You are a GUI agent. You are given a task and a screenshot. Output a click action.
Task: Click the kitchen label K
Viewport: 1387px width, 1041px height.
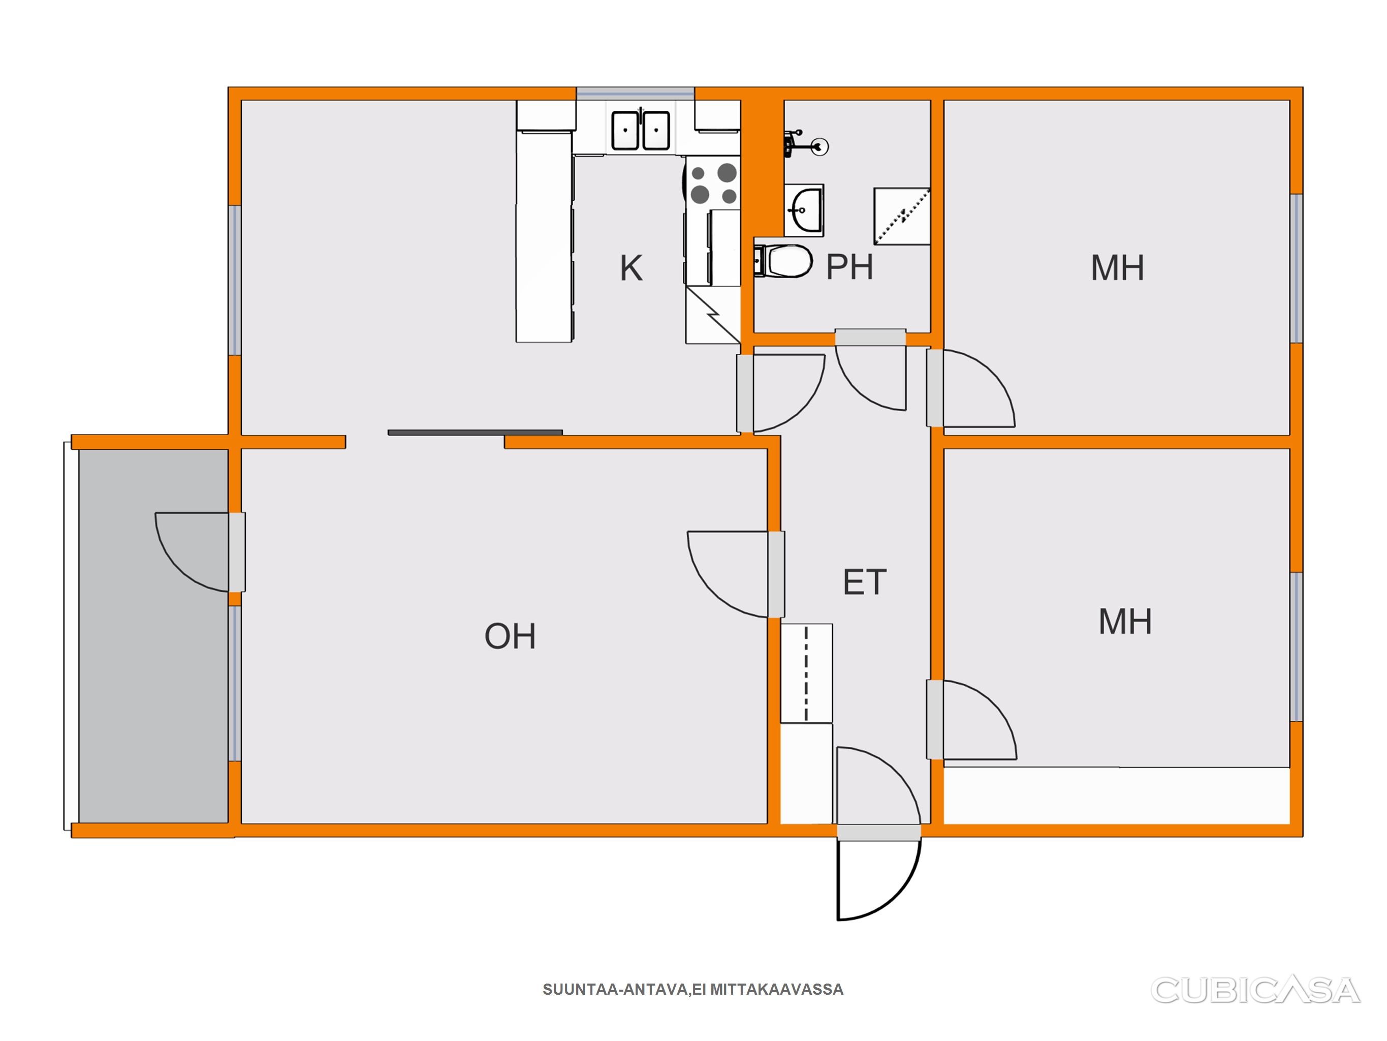tap(631, 268)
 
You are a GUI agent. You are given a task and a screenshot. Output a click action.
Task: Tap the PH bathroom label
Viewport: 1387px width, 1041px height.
tap(849, 267)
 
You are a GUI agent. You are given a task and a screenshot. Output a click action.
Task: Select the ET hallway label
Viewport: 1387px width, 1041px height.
tap(865, 583)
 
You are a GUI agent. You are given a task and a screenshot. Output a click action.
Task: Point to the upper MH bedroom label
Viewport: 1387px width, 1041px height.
tap(1117, 268)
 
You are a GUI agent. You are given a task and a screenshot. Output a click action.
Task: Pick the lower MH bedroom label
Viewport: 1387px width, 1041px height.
tap(1125, 622)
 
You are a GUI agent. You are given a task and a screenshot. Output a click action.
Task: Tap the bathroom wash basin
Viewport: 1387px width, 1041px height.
tap(804, 209)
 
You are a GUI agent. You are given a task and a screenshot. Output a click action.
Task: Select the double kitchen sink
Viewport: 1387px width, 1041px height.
tap(641, 130)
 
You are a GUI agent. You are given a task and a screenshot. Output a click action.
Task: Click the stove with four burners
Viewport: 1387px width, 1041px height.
tap(713, 183)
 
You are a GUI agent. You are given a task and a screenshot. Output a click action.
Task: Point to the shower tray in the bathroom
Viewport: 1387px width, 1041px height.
tap(902, 216)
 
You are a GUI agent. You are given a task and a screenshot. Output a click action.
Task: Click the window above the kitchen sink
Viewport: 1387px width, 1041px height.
tap(635, 94)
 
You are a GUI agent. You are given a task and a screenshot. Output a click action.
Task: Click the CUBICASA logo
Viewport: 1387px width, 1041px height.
tap(1255, 990)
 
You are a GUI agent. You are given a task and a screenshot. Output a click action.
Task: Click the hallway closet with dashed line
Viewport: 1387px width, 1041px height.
tap(806, 673)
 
